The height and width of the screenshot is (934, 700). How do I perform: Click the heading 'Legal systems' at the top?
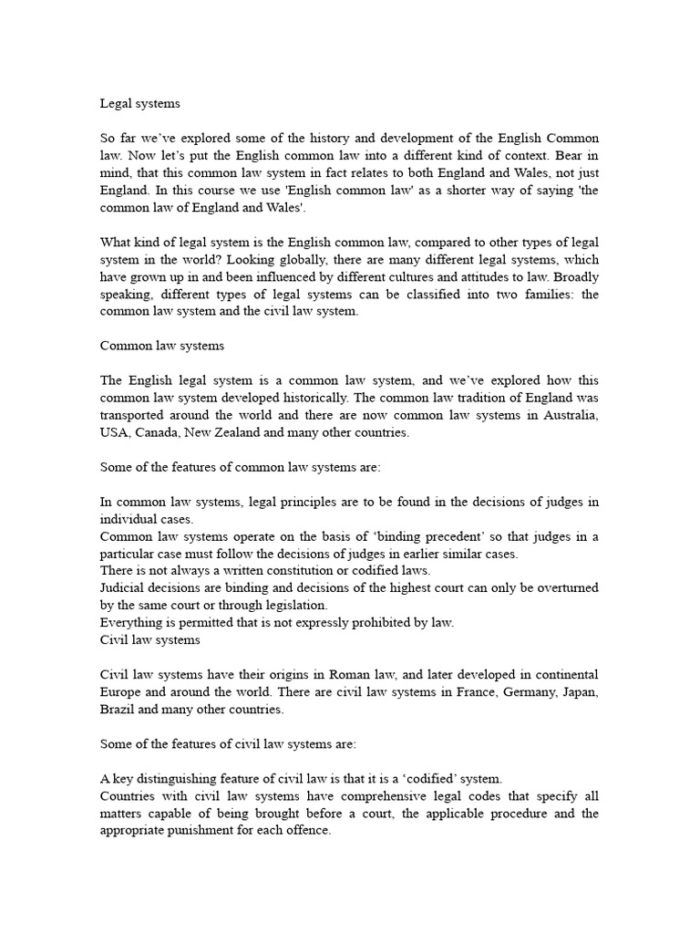coord(140,104)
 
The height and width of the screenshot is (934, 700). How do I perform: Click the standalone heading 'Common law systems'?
coord(162,346)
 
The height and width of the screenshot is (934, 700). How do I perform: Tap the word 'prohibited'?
coord(374,623)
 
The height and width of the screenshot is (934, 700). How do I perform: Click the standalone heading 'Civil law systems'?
coord(150,640)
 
